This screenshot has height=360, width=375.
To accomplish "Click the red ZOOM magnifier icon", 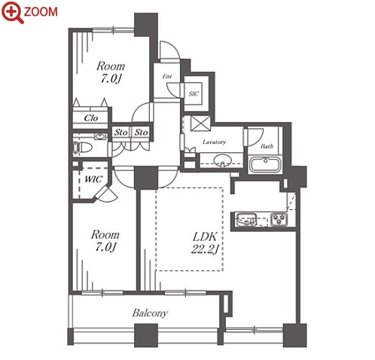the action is point(13,12).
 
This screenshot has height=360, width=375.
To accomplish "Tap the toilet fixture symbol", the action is point(82,148).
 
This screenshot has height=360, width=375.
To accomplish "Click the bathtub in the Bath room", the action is point(265,164).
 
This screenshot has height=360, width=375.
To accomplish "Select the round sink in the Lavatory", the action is point(223,160).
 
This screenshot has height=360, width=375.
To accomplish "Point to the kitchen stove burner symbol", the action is point(279,219).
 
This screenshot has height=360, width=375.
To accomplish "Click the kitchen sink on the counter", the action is point(247,219).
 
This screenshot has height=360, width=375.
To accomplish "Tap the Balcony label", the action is point(150,313).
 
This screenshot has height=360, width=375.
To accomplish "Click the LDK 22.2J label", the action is point(205,243).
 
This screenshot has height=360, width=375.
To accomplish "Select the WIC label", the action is point(93,179).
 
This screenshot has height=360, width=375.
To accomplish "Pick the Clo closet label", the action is point(91,117).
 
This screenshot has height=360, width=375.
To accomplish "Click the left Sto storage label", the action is point(121,132).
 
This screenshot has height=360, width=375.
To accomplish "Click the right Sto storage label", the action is point(141,132).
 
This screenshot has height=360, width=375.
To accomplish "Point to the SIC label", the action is point(194,94).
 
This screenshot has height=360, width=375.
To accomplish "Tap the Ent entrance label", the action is point(167,76).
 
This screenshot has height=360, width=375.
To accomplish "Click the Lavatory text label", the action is point(214,142).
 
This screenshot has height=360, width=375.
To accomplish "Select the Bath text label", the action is point(267,146).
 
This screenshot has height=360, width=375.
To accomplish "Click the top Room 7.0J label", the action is point(111,72).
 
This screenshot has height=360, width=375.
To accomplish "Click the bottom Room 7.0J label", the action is point(105,240).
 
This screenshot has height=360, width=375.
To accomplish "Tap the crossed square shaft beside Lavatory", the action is point(200,124).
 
